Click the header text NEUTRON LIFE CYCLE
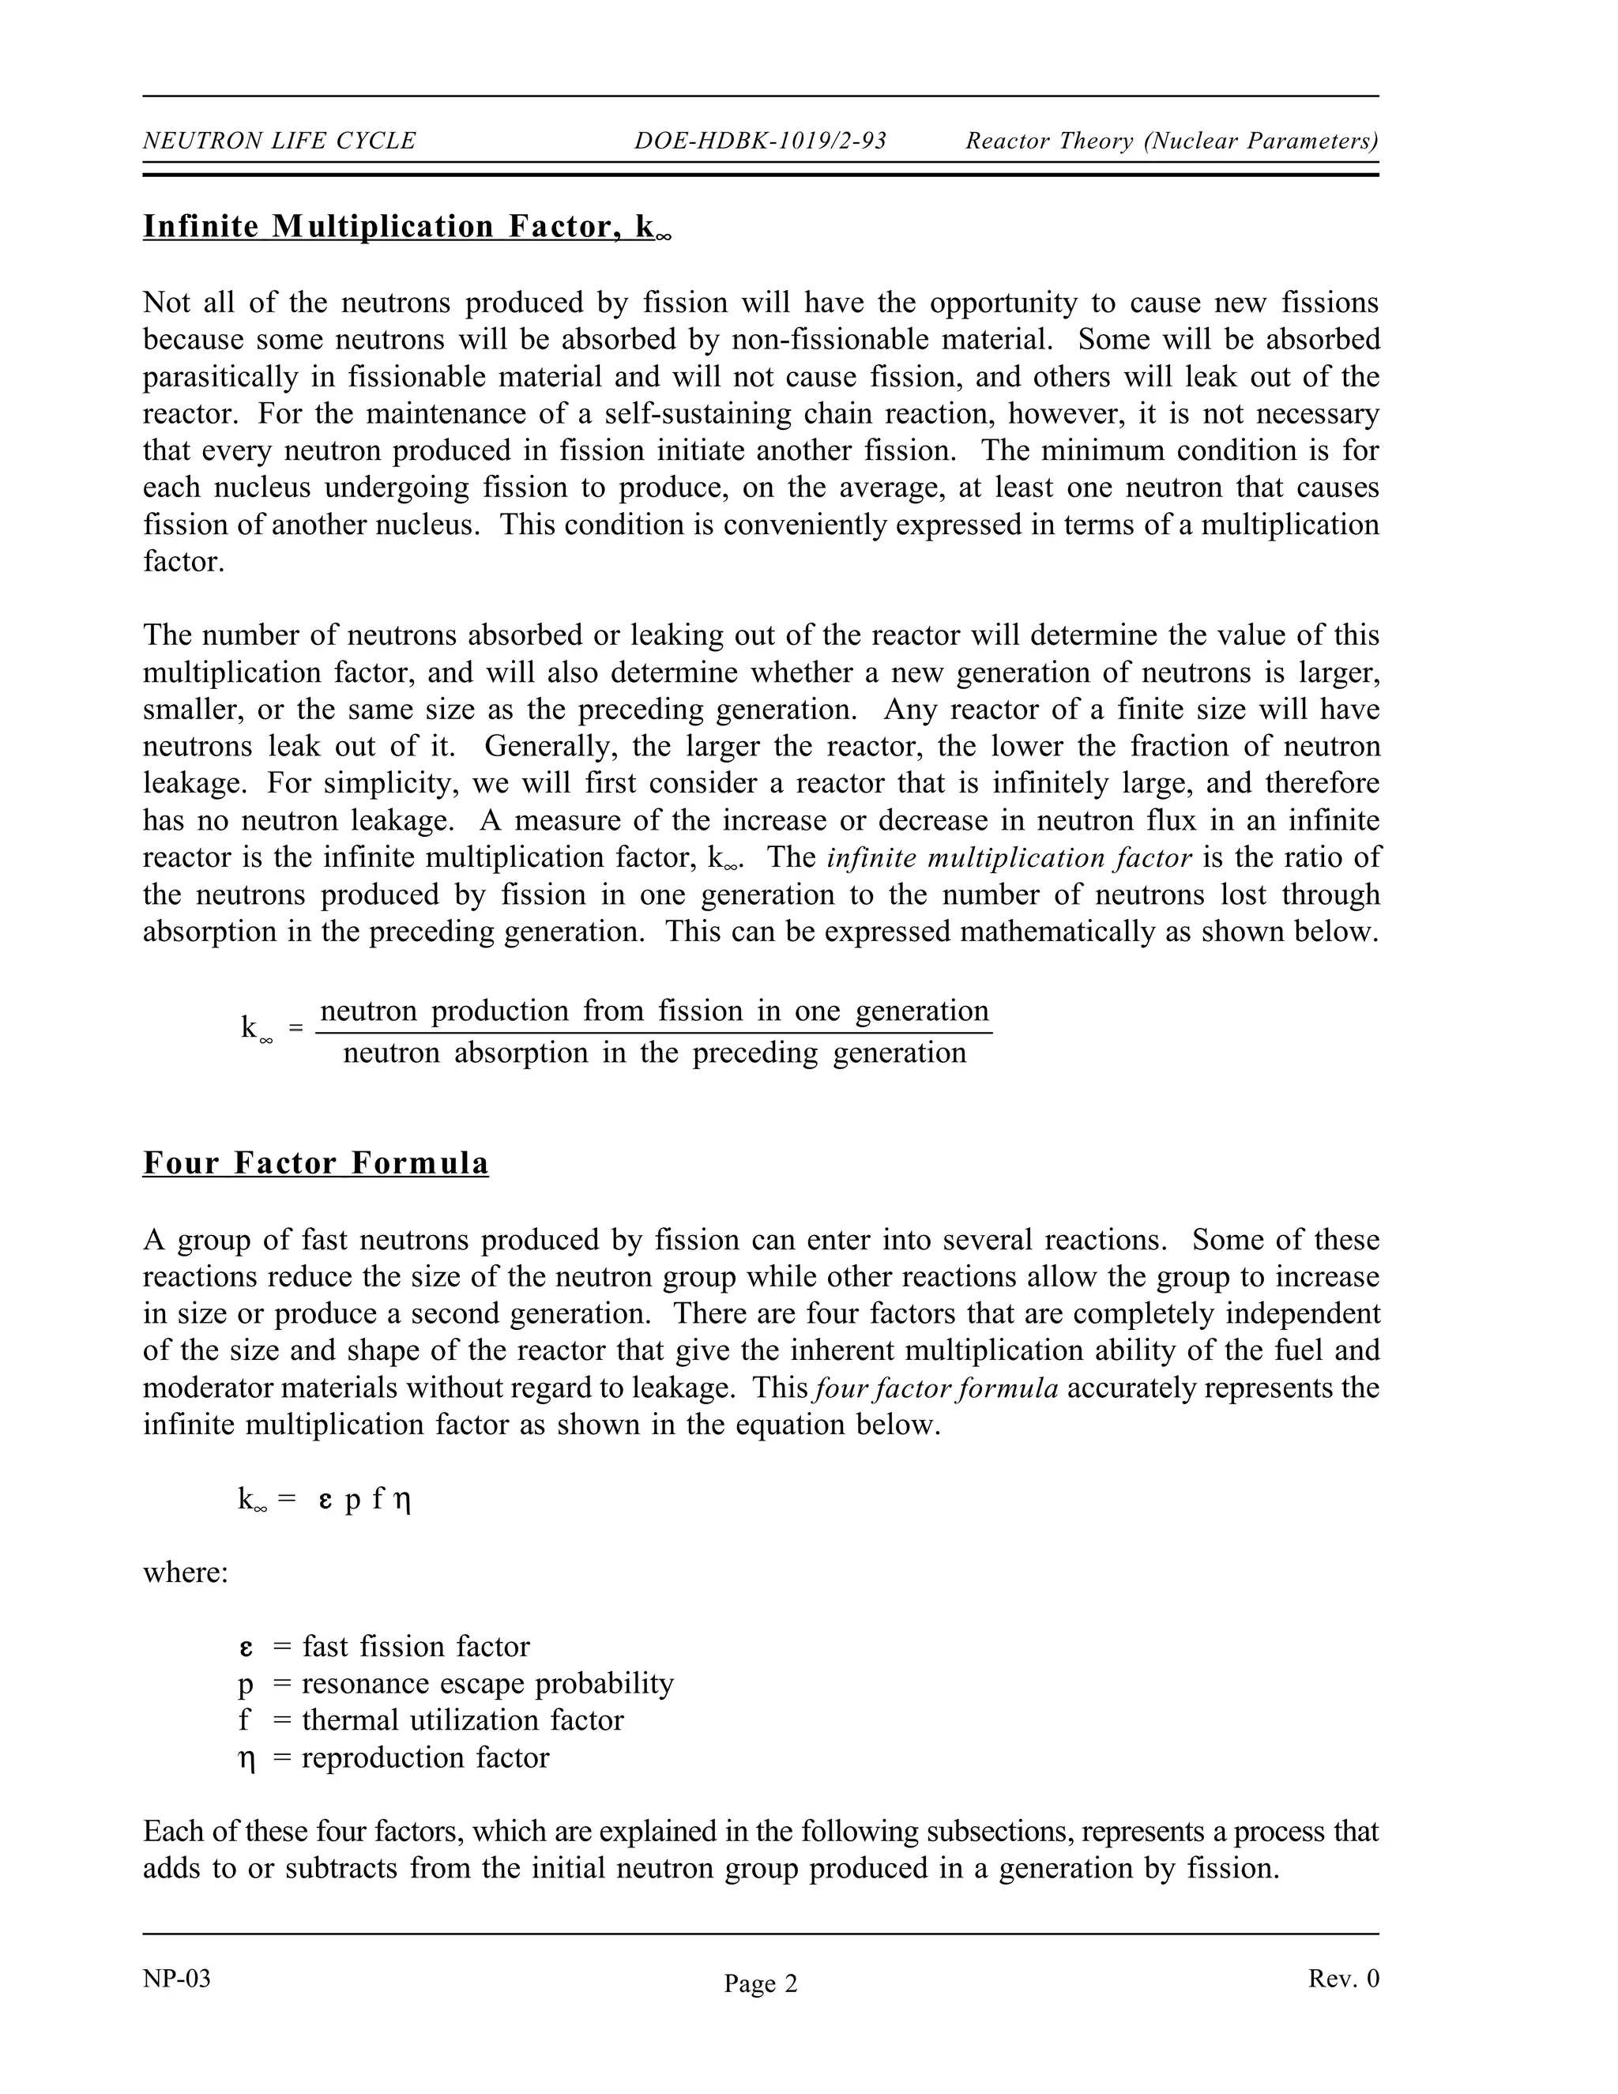[x=279, y=141]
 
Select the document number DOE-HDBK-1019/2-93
[x=760, y=141]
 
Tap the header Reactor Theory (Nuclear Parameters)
[x=1172, y=141]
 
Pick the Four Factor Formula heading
[x=315, y=1163]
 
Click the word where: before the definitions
[x=186, y=1572]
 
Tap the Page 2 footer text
[x=760, y=1983]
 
